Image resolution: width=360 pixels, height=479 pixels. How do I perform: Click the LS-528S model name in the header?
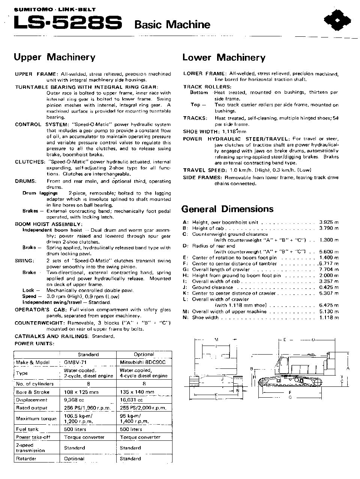(67, 24)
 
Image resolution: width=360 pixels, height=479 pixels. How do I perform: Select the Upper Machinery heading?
(54, 57)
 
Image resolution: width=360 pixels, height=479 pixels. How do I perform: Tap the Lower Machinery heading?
(223, 58)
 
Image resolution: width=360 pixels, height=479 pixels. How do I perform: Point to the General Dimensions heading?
(227, 209)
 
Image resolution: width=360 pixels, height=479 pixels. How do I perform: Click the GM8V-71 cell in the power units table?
(75, 362)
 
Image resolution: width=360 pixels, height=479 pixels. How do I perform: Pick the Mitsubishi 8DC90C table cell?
(142, 362)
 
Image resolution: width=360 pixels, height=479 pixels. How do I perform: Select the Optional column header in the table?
(144, 355)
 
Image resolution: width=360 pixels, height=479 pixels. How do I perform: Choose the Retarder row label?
(26, 458)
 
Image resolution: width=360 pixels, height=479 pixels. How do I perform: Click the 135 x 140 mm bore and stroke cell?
(137, 392)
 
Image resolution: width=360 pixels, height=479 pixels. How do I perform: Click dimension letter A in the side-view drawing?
(348, 368)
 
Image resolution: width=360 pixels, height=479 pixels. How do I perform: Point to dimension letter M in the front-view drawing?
(216, 340)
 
